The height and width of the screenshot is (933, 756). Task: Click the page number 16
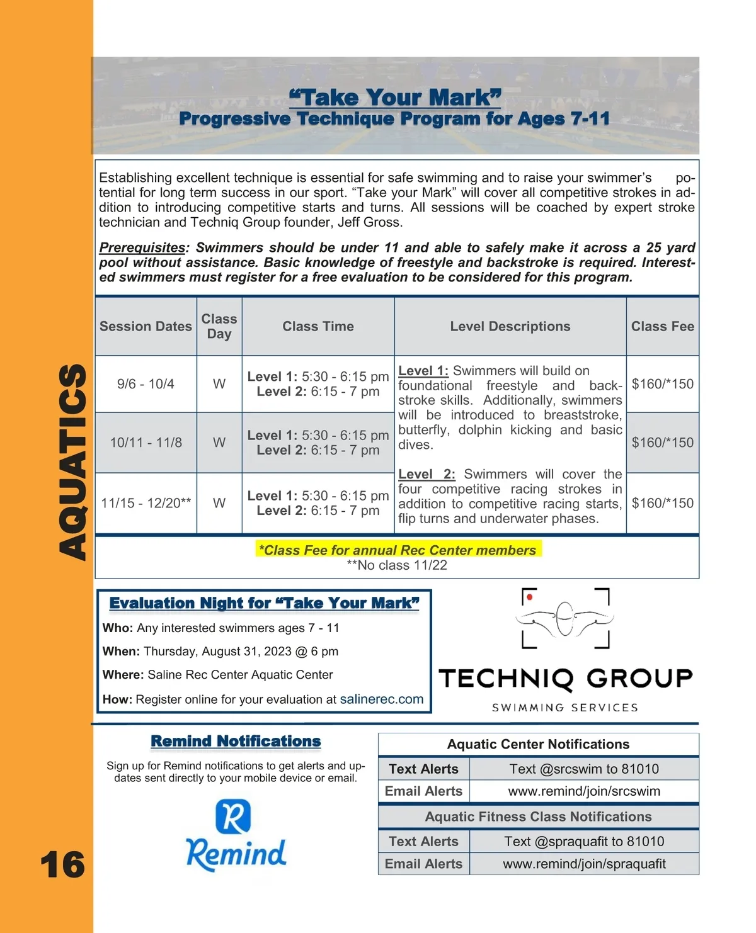click(x=62, y=864)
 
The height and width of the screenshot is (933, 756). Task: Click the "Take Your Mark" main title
click(x=395, y=98)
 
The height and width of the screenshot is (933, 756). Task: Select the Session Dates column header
click(x=146, y=326)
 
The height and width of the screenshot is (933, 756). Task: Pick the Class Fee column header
click(x=662, y=326)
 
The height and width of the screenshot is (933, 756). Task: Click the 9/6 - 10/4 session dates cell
click(x=146, y=384)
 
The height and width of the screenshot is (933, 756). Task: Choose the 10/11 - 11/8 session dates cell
click(x=146, y=443)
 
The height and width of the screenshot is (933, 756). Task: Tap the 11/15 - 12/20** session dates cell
click(x=146, y=503)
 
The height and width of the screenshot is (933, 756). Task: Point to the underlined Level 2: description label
click(x=427, y=474)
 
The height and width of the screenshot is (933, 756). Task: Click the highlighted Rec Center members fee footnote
click(x=398, y=550)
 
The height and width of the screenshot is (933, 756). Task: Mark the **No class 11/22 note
click(x=397, y=565)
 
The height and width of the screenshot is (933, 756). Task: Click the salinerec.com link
click(x=381, y=699)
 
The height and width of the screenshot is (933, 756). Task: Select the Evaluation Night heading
click(x=264, y=603)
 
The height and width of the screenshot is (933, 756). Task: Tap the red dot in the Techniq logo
click(x=530, y=596)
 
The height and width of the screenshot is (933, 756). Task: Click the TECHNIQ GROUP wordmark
click(x=565, y=679)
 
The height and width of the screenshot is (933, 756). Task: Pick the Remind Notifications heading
click(x=236, y=742)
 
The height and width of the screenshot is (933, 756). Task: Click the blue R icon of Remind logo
click(x=233, y=816)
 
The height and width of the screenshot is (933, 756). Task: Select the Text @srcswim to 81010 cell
click(x=584, y=769)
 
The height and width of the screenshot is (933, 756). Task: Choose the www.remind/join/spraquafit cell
click(x=584, y=864)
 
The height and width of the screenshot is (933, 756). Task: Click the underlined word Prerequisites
click(x=142, y=247)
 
